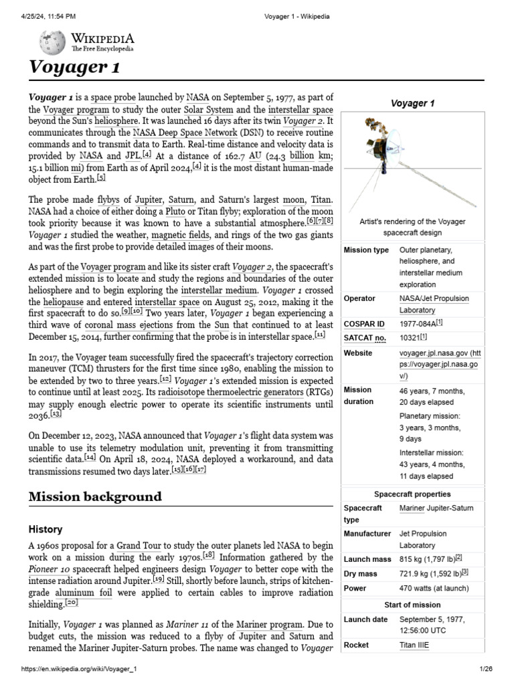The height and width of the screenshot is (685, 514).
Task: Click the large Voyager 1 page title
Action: (74, 68)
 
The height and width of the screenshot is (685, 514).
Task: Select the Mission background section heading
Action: (94, 496)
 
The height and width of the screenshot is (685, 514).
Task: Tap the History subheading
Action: (46, 529)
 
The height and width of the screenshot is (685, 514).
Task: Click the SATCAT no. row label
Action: (365, 338)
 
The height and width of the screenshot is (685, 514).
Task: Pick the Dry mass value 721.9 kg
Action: (431, 573)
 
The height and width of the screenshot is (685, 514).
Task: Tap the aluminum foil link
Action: (85, 592)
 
